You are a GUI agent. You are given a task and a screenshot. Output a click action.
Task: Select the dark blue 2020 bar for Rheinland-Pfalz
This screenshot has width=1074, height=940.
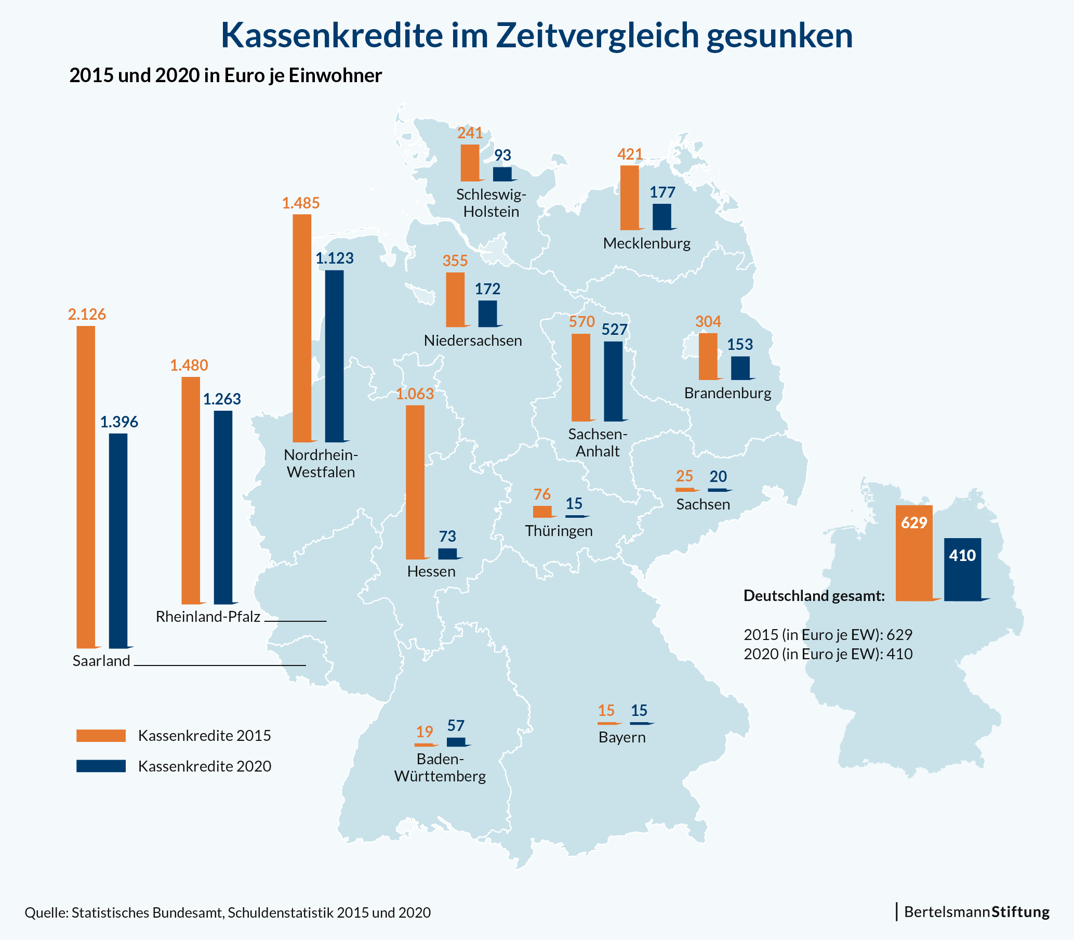click(223, 507)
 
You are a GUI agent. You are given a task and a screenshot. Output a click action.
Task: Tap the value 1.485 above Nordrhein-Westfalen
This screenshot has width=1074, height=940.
click(301, 203)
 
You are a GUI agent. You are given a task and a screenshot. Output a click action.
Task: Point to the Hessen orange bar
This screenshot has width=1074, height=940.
click(415, 482)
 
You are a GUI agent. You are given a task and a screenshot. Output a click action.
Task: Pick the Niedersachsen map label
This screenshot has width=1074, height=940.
click(473, 341)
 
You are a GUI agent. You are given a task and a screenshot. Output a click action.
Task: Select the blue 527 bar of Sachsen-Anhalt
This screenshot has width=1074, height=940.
click(613, 381)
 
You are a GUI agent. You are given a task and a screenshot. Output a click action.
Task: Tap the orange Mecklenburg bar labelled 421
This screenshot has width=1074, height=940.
click(630, 198)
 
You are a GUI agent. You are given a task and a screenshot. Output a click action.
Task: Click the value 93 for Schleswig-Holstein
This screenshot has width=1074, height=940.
click(502, 155)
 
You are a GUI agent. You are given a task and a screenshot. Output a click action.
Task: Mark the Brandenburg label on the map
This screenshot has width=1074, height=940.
click(727, 394)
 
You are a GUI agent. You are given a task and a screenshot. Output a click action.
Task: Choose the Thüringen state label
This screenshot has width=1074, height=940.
click(559, 531)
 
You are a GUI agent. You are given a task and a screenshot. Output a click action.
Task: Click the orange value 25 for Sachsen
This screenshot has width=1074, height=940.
click(684, 476)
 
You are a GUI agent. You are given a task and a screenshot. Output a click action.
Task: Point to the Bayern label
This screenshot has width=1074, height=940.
click(622, 738)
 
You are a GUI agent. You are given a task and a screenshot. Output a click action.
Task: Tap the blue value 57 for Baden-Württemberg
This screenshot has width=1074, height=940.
click(456, 726)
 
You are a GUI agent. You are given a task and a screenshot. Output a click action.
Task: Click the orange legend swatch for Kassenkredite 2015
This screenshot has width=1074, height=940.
click(101, 736)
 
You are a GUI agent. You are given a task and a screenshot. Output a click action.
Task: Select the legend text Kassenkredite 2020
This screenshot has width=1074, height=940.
click(204, 766)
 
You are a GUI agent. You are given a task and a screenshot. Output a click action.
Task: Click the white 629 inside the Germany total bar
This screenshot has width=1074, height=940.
click(914, 523)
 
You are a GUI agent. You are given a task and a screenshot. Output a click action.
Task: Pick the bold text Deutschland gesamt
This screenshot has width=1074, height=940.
click(814, 596)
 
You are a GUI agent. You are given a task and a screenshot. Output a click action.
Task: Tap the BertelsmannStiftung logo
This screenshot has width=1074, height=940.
click(976, 912)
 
